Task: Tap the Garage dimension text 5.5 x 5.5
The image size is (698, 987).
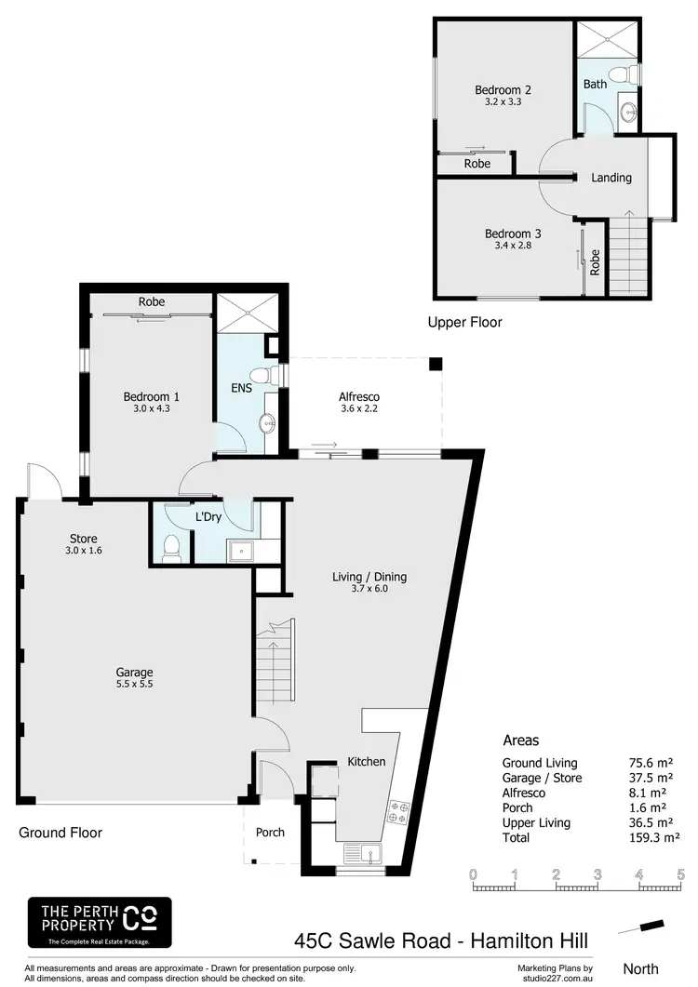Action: (x=135, y=686)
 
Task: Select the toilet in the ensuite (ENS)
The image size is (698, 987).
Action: (x=268, y=376)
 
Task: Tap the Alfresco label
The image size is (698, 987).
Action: (x=358, y=397)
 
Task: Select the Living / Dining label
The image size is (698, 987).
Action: (x=369, y=577)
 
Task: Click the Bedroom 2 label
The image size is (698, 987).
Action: (x=503, y=90)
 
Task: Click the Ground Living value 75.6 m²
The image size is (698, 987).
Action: (x=649, y=763)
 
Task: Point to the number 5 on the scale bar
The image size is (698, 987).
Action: (x=680, y=874)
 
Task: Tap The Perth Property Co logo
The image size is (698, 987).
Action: (x=100, y=922)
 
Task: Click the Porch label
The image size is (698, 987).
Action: (x=270, y=832)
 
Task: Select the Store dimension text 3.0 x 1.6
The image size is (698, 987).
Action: (x=84, y=552)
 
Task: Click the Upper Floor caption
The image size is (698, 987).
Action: (x=464, y=323)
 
